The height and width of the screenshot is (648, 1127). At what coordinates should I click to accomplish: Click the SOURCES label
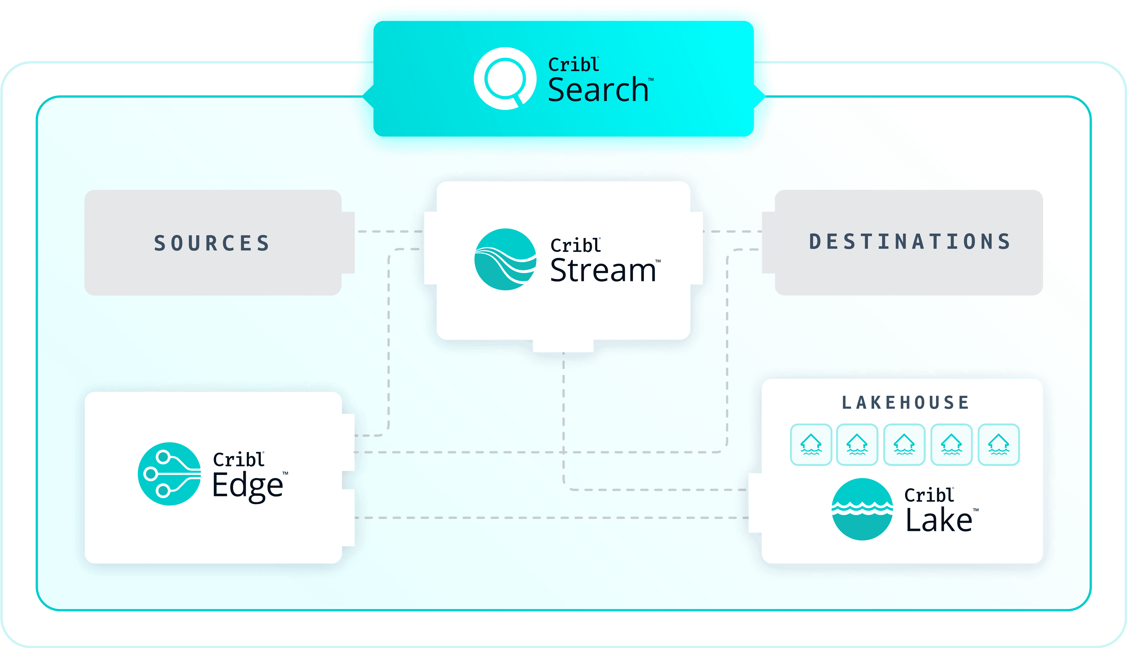pos(212,243)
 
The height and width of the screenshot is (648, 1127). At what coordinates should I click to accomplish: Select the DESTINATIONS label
pos(910,242)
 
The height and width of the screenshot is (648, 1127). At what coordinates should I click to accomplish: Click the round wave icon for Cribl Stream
pos(505,260)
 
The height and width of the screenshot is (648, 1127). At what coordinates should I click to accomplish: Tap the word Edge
pos(248,486)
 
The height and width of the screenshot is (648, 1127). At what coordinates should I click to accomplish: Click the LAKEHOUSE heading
pos(905,403)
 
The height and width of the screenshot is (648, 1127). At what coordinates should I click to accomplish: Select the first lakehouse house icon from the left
pos(811,445)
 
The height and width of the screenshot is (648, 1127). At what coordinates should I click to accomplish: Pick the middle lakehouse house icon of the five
pos(904,445)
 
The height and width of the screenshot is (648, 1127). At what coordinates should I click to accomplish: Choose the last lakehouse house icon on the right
pos(999,445)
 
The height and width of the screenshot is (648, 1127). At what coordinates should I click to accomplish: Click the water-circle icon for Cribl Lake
pos(862,509)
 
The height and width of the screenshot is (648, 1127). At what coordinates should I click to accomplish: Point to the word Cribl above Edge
pos(238,459)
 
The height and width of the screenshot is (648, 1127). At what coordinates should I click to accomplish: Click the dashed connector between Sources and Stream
pos(390,231)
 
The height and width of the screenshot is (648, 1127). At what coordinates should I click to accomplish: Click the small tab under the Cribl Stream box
pos(563,346)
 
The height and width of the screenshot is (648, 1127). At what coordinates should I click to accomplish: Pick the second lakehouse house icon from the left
pos(857,445)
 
